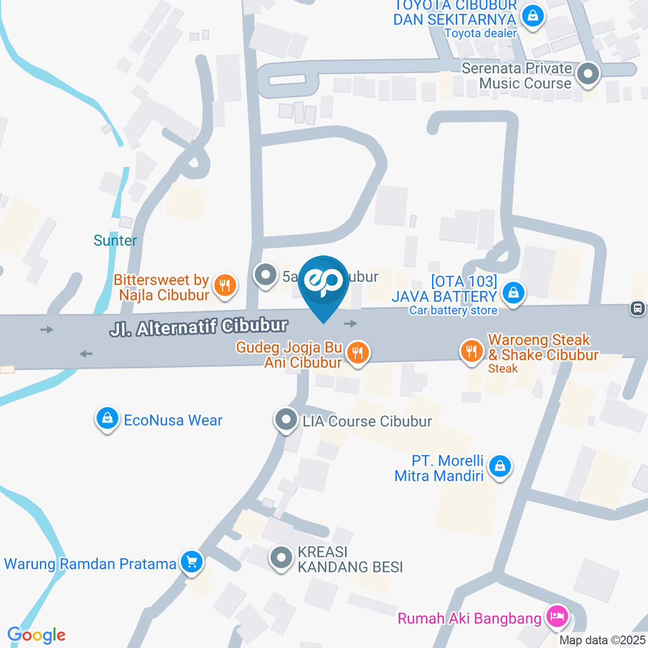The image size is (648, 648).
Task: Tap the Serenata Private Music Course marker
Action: [x=589, y=74]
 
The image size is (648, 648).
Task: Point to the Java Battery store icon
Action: [x=514, y=294]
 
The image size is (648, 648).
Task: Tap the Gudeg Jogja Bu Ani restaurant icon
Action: [x=358, y=352]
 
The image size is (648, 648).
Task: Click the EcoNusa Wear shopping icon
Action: [x=107, y=420]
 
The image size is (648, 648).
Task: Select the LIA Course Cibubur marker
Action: [x=286, y=421]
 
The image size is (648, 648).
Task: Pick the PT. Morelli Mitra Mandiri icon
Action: [x=500, y=466]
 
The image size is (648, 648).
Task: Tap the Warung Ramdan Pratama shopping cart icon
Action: [x=192, y=562]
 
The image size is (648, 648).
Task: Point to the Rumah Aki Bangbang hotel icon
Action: [x=558, y=616]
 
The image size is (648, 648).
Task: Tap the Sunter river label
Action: [x=115, y=240]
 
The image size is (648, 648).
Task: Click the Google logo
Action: [x=36, y=635]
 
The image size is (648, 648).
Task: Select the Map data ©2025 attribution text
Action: [x=602, y=639]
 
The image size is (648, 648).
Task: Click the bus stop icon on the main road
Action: [x=637, y=308]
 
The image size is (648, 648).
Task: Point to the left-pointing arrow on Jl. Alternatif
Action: [x=86, y=353]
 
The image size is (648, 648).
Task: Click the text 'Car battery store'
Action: [x=453, y=310]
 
